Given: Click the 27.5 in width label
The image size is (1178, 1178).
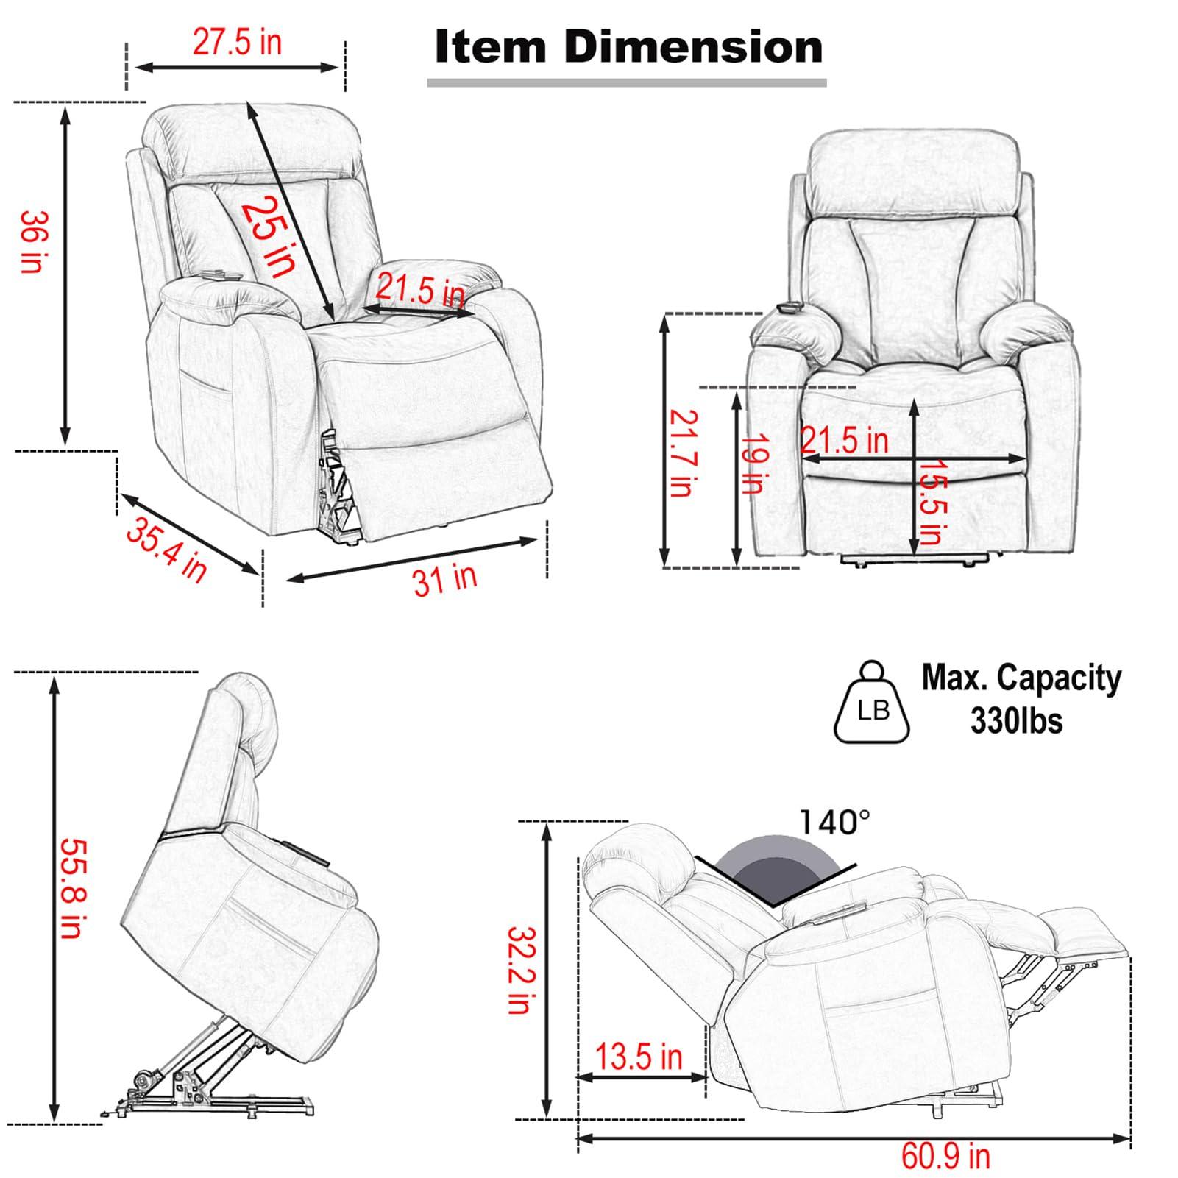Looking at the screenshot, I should point(237,42).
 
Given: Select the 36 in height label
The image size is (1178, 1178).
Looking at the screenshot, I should point(32,242).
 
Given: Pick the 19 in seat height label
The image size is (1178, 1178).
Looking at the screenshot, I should point(753,464).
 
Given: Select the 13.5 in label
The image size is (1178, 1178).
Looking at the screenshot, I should point(639,1057).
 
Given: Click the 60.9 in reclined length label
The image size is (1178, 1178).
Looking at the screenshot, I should point(945,1155).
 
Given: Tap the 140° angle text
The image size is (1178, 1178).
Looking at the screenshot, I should point(835,821).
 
